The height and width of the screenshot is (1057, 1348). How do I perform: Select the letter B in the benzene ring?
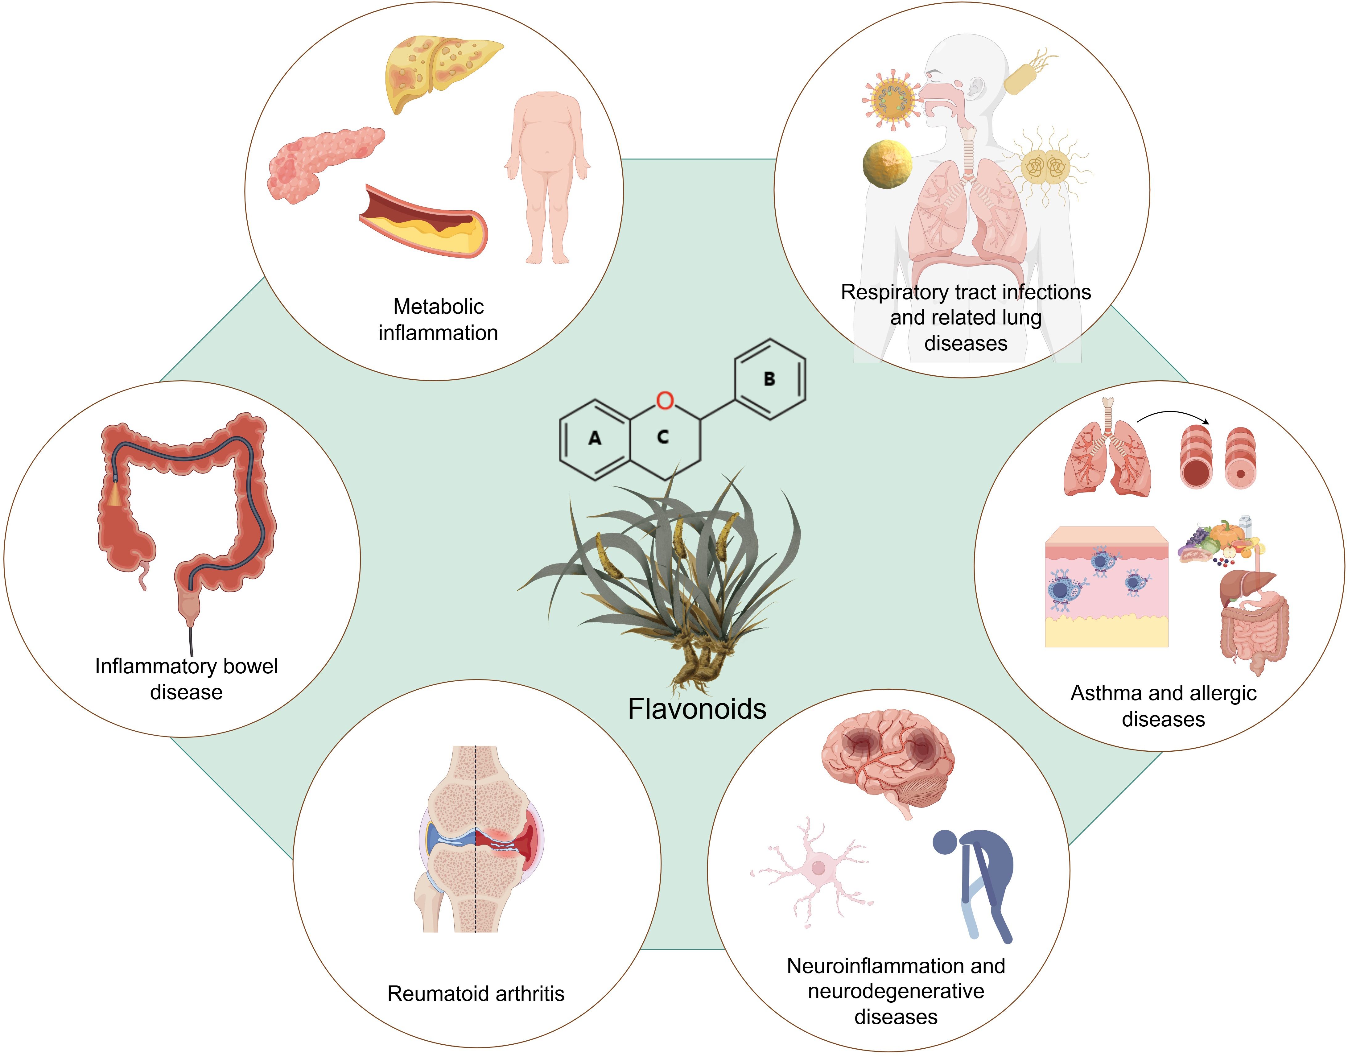769,379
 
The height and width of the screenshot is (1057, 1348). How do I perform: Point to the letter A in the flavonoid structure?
595,438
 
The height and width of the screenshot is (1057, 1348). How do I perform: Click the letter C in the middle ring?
662,437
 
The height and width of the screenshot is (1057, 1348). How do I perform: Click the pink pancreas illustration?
322,162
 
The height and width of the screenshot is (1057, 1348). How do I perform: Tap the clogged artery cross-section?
424,221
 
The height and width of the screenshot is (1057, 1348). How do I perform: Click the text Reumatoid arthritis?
476,993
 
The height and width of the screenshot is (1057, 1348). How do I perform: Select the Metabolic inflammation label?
438,319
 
